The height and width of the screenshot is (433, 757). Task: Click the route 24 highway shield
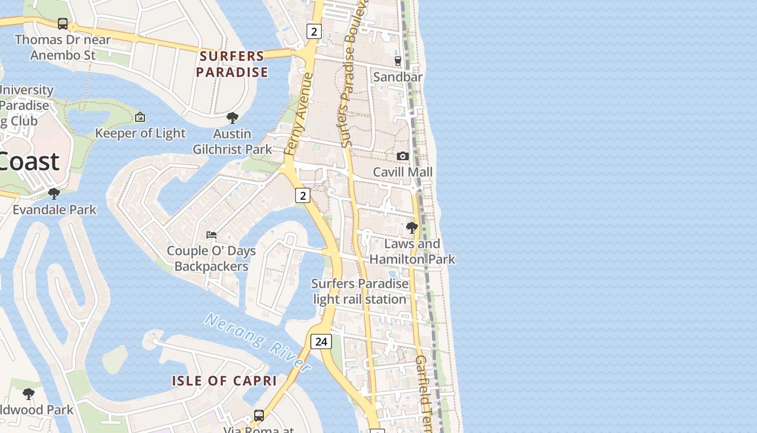click(321, 342)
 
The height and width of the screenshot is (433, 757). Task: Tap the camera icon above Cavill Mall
click(402, 156)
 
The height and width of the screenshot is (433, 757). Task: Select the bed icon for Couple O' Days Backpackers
click(211, 235)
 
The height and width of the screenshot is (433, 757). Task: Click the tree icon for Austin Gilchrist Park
click(233, 118)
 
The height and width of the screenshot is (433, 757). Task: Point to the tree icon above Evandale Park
click(54, 194)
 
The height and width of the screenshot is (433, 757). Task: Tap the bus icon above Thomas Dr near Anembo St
click(63, 24)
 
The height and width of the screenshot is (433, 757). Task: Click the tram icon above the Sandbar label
click(398, 61)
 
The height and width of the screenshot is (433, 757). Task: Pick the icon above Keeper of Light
click(140, 117)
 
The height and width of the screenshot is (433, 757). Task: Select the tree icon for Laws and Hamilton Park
click(412, 228)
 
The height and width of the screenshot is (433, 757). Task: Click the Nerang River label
click(258, 342)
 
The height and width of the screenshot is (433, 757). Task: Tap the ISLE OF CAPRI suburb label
click(224, 380)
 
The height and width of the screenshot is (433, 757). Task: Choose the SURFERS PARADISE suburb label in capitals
click(232, 64)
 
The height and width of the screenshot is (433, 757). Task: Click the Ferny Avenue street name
click(299, 115)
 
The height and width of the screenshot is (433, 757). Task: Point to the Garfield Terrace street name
click(423, 392)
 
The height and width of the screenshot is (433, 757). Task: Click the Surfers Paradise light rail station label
click(360, 291)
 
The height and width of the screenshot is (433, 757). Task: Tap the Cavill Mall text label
click(403, 172)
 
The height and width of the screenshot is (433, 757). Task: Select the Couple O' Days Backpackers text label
click(211, 258)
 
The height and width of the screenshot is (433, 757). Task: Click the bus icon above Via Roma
click(259, 416)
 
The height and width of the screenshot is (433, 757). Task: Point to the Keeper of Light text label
click(140, 133)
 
